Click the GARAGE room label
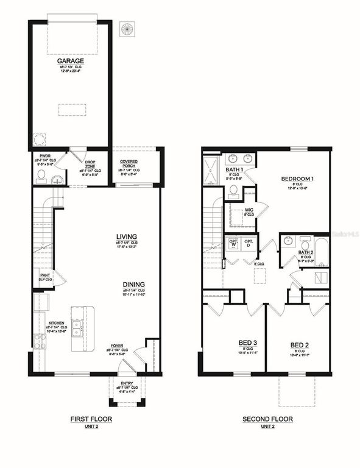coord(71,62)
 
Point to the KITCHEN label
coord(57,323)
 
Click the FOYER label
coord(117,346)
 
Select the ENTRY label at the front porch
coord(127,383)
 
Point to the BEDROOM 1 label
coord(298,179)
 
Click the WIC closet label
coord(249,210)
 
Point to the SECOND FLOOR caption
coord(267,419)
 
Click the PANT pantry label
coord(45,276)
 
